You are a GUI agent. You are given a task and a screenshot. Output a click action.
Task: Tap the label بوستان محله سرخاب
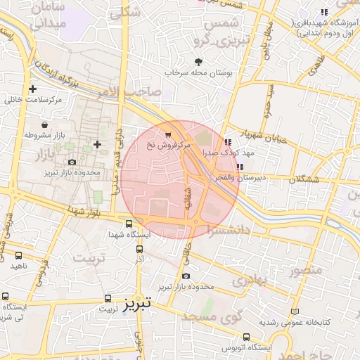click(x=198, y=72)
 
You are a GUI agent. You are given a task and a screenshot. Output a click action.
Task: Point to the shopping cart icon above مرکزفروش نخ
click(x=167, y=134)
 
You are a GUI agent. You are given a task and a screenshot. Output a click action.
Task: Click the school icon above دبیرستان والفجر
click(x=240, y=167)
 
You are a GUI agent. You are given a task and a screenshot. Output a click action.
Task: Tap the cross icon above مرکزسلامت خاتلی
click(x=32, y=89)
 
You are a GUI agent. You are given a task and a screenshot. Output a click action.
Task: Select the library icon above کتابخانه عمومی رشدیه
click(x=295, y=311)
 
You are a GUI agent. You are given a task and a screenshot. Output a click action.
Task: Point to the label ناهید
click(x=18, y=266)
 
